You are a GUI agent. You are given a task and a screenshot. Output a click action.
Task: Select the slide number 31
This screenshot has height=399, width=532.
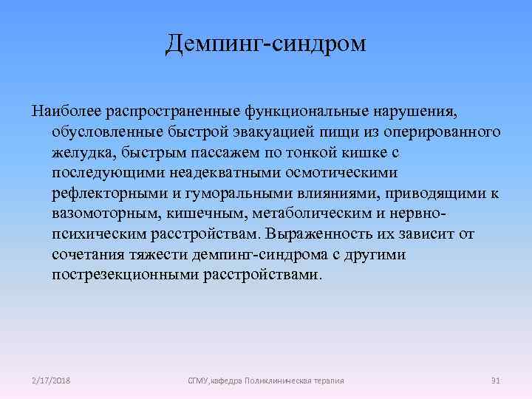coord(496,380)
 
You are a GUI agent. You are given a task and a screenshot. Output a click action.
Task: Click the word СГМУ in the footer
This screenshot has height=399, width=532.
coord(198,380)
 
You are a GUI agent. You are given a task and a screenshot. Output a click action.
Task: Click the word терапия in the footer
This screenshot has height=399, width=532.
coord(327,380)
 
